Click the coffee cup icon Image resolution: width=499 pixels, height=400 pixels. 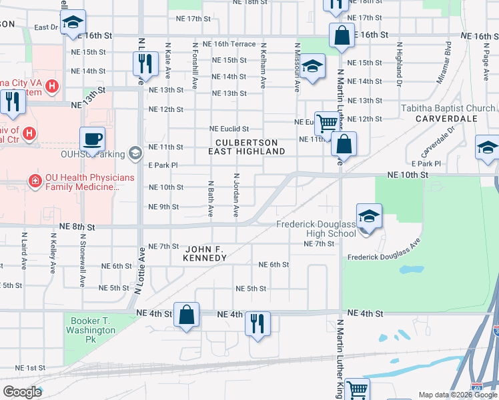coord(92,139)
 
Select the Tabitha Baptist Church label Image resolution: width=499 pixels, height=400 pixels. coord(448,108)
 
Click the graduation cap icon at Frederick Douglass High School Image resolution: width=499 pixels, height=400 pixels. coord(368,216)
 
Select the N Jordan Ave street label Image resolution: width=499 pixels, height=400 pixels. coord(236,195)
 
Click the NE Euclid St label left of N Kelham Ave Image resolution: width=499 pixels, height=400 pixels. coord(229,129)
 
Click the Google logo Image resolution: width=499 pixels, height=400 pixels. coord(22,391)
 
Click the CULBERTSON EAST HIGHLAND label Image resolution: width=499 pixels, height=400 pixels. coord(250,147)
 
